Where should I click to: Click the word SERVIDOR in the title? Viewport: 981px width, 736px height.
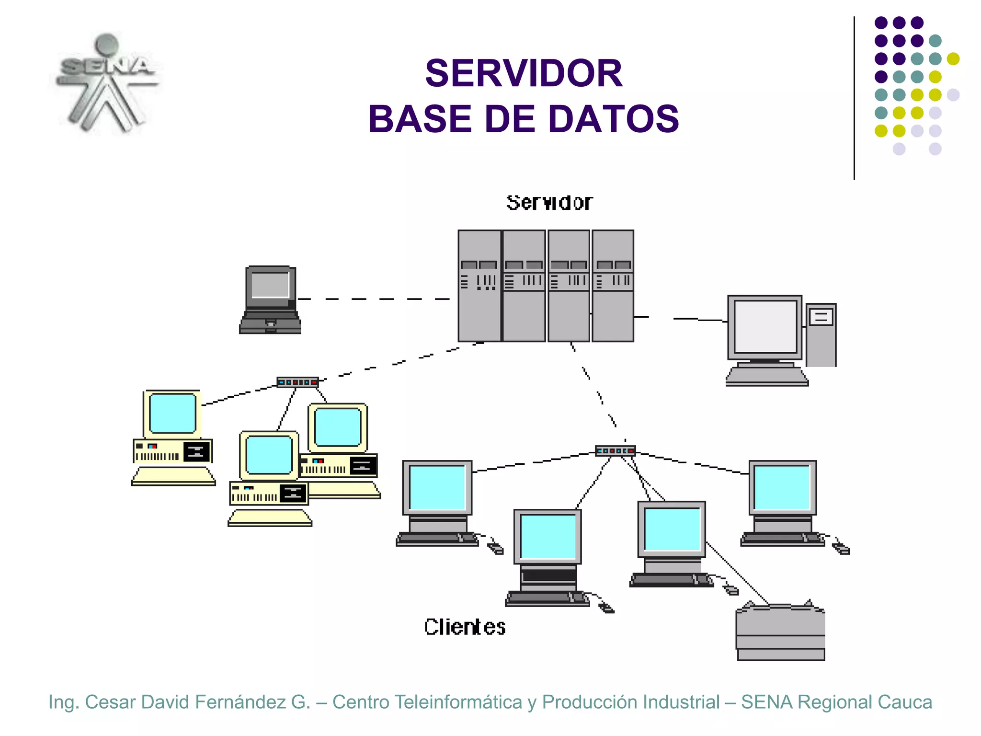[524, 73]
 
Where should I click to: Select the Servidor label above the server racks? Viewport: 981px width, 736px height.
[549, 203]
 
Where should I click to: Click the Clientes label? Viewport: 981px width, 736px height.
[465, 627]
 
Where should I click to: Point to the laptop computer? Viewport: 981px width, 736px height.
[271, 299]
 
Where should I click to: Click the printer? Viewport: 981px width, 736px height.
[780, 632]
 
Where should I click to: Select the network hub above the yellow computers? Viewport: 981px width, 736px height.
[297, 382]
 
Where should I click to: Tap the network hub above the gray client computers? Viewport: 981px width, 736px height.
[615, 450]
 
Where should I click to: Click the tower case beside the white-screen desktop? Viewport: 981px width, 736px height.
[821, 335]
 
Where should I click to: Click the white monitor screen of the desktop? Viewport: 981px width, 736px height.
[765, 326]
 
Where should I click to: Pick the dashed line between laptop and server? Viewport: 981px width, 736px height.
[374, 299]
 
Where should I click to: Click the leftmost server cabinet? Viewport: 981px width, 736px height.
[479, 286]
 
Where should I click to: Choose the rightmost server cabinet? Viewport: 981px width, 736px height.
[613, 286]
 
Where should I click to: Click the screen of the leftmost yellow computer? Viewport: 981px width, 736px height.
[172, 413]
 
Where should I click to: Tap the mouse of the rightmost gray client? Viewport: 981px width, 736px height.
[842, 549]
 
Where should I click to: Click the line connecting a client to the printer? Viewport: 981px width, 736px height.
[738, 573]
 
